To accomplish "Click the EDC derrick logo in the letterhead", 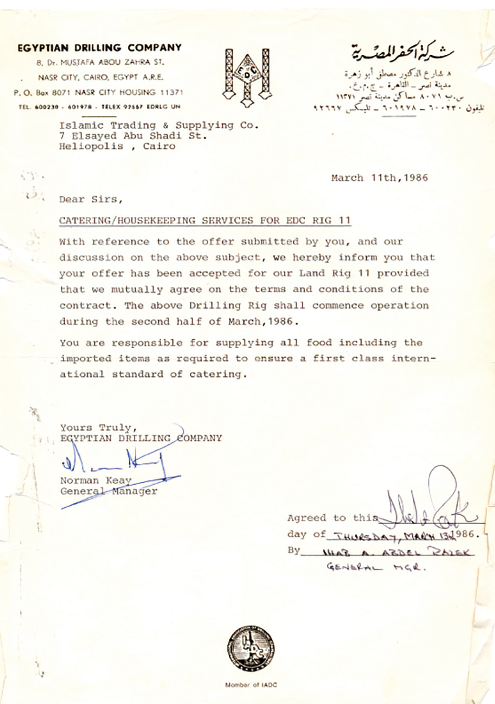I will (x=247, y=77).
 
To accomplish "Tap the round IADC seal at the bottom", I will (x=251, y=648).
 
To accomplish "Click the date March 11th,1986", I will (x=379, y=178).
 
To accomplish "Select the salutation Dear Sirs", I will (x=91, y=199).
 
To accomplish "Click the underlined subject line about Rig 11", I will (x=205, y=221).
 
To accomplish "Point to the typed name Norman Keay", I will (x=96, y=481).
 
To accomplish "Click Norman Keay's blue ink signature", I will (x=113, y=462).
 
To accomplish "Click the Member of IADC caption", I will (x=251, y=685).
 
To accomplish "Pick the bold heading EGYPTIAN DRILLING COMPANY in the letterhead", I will (x=99, y=48).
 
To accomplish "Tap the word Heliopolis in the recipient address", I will (x=91, y=146).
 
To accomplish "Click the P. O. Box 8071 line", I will (x=98, y=92).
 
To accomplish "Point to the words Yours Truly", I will (x=98, y=427).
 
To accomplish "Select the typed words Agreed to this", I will (x=332, y=518).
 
